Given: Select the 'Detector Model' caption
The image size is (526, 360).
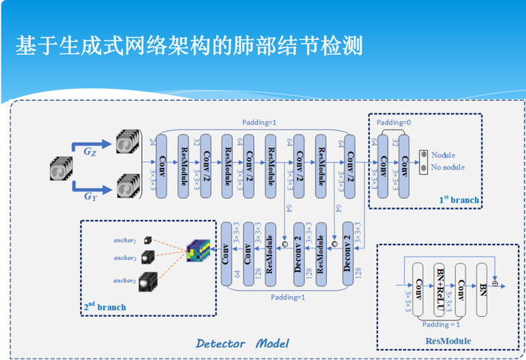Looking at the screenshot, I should pyautogui.click(x=242, y=343).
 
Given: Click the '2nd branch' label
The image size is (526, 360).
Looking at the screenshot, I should pyautogui.click(x=105, y=307).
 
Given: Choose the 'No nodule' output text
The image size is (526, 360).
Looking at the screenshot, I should pyautogui.click(x=448, y=167).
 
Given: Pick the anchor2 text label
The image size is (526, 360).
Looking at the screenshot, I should pyautogui.click(x=124, y=258).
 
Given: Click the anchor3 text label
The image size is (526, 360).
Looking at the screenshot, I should pyautogui.click(x=124, y=281).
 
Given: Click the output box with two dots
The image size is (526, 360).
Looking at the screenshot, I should pyautogui.click(x=423, y=160).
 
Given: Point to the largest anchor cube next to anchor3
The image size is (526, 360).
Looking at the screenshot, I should pyautogui.click(x=148, y=282).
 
